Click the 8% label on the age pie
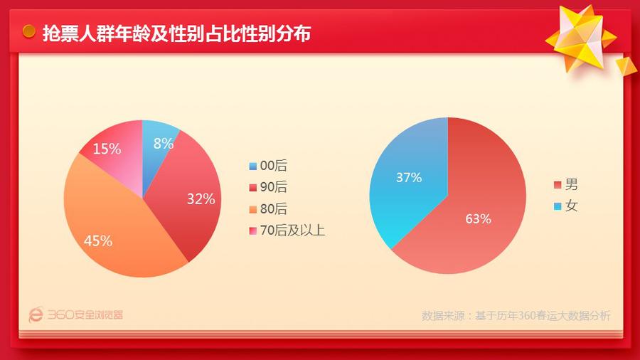[164, 143]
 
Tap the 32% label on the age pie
[201, 199]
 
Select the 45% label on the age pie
[98, 240]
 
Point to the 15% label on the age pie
[107, 149]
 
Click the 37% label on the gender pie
[408, 178]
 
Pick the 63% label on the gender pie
[478, 218]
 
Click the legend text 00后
[274, 166]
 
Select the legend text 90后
[274, 188]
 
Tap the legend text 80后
[274, 209]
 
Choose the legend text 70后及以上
[292, 231]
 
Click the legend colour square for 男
[557, 186]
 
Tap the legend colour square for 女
[557, 207]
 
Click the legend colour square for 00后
[252, 166]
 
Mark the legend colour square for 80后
[252, 210]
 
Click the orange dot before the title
[29, 32]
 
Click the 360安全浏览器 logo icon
[36, 314]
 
